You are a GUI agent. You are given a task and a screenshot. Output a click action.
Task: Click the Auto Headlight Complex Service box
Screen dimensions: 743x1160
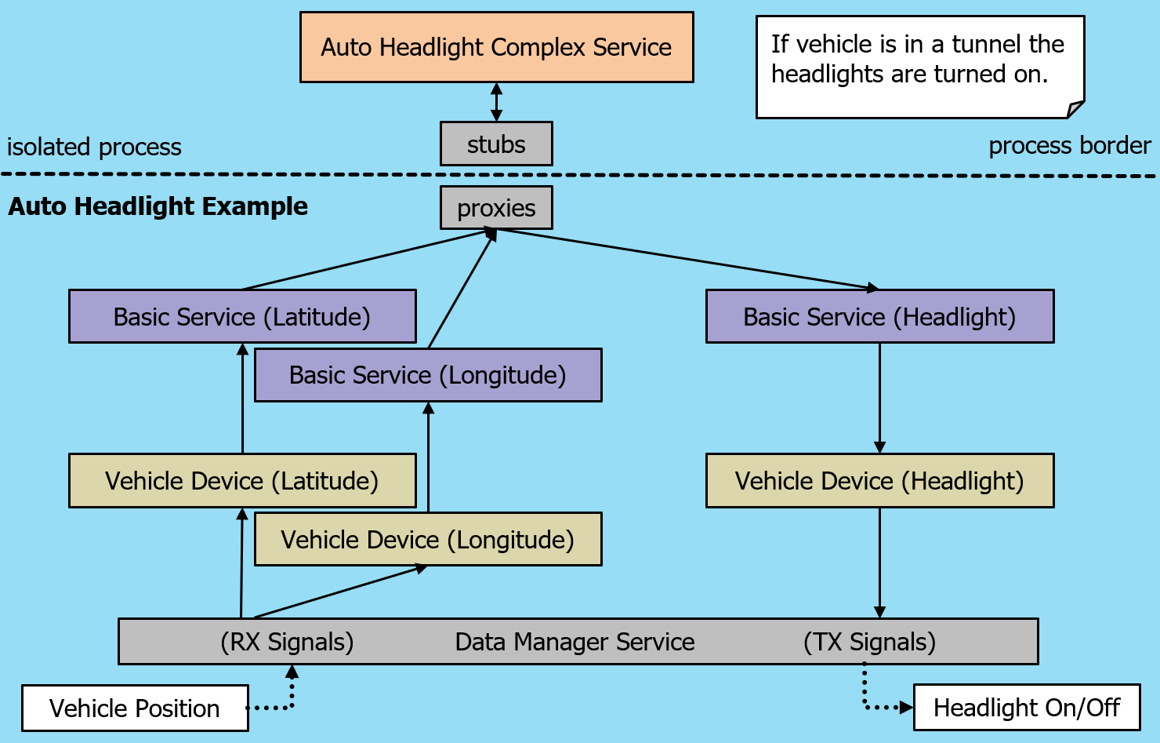[496, 47]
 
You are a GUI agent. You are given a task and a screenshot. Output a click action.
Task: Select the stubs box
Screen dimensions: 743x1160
[496, 144]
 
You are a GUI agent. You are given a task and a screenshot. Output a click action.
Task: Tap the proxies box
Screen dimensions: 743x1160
[496, 208]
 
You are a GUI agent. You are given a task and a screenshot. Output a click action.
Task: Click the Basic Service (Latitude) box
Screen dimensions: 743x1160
[241, 316]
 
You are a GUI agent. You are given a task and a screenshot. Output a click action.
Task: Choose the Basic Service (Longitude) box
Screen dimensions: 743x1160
[428, 375]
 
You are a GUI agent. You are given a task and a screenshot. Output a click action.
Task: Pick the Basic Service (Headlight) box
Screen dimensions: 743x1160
[879, 316]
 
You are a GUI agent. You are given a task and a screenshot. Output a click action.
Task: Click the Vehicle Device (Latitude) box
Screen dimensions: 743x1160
[241, 480]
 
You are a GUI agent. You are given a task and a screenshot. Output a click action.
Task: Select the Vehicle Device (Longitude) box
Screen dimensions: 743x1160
[428, 540]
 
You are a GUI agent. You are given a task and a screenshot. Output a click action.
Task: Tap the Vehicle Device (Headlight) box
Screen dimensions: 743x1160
[879, 480]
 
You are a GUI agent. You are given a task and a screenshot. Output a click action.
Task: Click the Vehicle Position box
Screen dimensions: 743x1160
[135, 708]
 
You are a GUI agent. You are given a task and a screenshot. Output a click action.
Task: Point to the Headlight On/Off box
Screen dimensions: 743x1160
[1027, 707]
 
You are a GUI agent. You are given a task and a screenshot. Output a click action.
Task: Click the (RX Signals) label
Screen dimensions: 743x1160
[287, 642]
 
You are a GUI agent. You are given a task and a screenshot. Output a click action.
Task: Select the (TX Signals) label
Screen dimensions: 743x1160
[869, 642]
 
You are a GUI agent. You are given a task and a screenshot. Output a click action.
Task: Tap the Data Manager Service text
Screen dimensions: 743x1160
[575, 642]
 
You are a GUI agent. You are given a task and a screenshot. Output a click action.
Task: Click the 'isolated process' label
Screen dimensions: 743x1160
[94, 147]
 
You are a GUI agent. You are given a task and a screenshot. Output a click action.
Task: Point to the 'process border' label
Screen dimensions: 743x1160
[1069, 145]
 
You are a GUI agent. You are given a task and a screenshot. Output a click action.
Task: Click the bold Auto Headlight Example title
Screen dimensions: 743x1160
[158, 206]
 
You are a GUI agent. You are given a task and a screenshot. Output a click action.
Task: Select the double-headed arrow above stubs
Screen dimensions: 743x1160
[496, 102]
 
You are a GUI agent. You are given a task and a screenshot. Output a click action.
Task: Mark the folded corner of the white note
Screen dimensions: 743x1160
[1075, 110]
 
